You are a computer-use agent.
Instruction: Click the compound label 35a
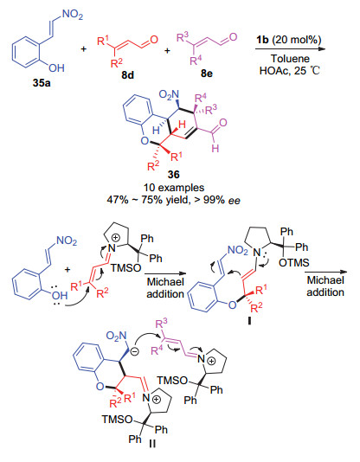pyautogui.click(x=42, y=83)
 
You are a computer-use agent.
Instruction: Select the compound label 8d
pyautogui.click(x=127, y=75)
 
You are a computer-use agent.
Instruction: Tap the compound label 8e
pyautogui.click(x=207, y=74)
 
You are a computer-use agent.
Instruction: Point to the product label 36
pyautogui.click(x=174, y=175)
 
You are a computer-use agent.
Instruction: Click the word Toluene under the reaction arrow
pyautogui.click(x=290, y=59)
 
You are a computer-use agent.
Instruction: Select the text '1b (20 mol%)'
pyautogui.click(x=289, y=40)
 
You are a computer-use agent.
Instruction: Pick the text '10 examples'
pyautogui.click(x=174, y=188)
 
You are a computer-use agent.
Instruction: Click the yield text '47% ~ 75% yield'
pyautogui.click(x=149, y=200)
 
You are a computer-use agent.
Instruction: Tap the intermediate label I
pyautogui.click(x=249, y=321)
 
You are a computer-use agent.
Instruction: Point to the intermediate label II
pyautogui.click(x=152, y=444)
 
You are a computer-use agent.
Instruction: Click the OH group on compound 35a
pyautogui.click(x=56, y=68)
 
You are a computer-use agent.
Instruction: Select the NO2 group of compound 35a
pyautogui.click(x=73, y=14)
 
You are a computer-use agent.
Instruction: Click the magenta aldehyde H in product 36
pyautogui.click(x=215, y=148)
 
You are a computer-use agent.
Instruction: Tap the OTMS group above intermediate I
pyautogui.click(x=294, y=262)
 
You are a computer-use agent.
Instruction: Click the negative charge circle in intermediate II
pyautogui.click(x=134, y=351)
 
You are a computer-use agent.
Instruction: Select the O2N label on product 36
pyautogui.click(x=169, y=95)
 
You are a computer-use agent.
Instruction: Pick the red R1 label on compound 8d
pyautogui.click(x=103, y=41)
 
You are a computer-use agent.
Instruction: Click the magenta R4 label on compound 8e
pyautogui.click(x=196, y=61)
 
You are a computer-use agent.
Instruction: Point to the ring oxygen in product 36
pyautogui.click(x=145, y=141)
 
